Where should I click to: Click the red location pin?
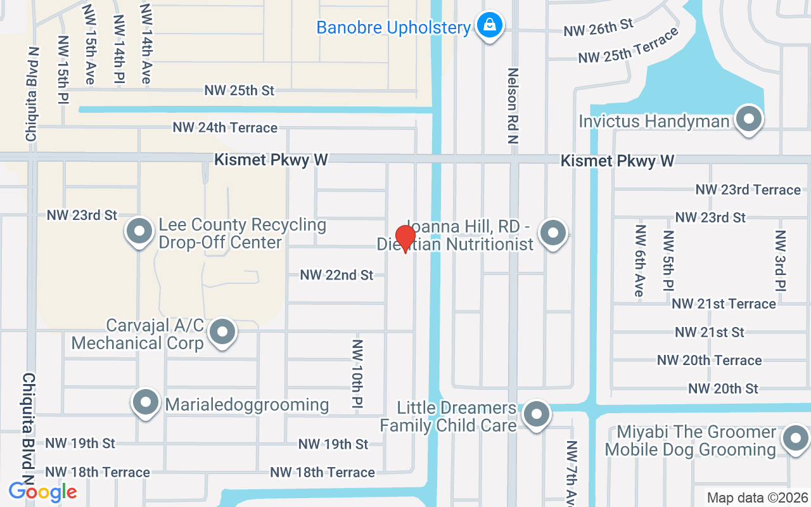click(x=405, y=238)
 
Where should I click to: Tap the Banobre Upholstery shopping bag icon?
click(x=490, y=25)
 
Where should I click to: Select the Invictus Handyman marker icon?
click(x=749, y=119)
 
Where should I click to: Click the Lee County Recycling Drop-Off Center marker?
click(x=139, y=232)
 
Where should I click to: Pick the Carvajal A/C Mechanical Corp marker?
click(x=222, y=332)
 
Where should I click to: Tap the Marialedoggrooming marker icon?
click(x=146, y=402)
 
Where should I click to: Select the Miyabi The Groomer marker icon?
click(x=795, y=439)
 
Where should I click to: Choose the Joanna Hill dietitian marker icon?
click(x=553, y=233)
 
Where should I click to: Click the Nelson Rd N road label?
click(x=513, y=106)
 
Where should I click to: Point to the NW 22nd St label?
click(x=336, y=275)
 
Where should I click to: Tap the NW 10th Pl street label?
click(x=357, y=374)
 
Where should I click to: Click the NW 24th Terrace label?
click(x=225, y=128)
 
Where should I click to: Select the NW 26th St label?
click(x=599, y=27)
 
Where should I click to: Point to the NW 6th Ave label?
click(x=640, y=260)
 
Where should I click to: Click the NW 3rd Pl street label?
click(x=781, y=260)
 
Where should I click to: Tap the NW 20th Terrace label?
click(x=709, y=360)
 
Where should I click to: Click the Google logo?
click(x=42, y=492)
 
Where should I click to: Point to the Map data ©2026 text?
click(x=757, y=497)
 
